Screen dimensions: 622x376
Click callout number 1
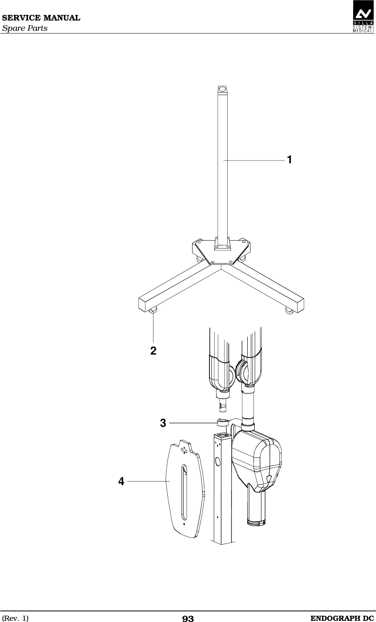pos(289,160)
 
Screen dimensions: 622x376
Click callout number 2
pos(153,350)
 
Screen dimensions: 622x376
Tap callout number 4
pos(121,481)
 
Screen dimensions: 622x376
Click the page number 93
pos(188,618)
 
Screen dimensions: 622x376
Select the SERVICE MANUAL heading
pos(41,18)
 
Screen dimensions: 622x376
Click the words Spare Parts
pos(25,28)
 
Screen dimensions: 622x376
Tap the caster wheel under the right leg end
pos(289,311)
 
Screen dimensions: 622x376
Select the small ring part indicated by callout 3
pos(221,423)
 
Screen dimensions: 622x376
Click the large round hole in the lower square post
pos(219,460)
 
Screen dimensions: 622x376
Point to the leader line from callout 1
pos(254,161)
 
